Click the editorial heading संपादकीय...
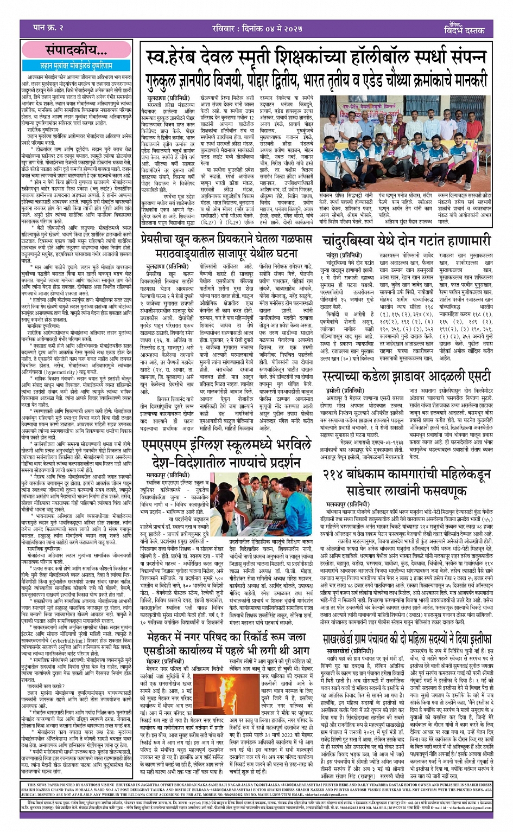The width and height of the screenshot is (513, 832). click(x=76, y=50)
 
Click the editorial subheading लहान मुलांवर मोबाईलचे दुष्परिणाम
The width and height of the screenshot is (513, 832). click(x=76, y=65)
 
